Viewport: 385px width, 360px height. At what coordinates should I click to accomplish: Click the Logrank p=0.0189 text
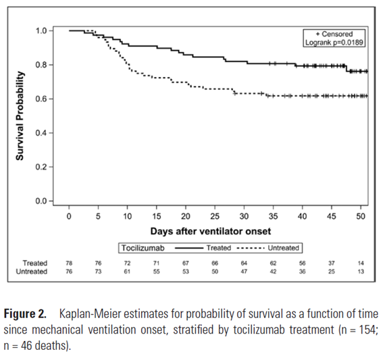(334, 42)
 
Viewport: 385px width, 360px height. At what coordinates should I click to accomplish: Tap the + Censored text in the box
(334, 34)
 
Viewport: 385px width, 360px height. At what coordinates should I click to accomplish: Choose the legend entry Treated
(217, 248)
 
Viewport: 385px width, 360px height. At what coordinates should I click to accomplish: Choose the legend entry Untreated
(282, 248)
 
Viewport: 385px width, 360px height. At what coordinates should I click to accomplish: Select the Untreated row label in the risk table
(32, 272)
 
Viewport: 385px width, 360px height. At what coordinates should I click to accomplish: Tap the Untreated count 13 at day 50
(360, 272)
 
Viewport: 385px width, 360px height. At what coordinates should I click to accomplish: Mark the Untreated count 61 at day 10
(127, 272)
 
